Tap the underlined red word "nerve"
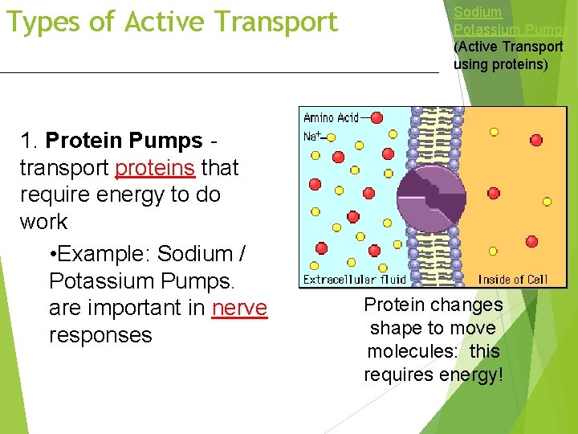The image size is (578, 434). click(239, 308)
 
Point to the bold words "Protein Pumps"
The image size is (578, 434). click(124, 141)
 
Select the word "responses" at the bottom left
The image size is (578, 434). click(100, 335)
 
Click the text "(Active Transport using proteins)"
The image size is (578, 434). click(508, 55)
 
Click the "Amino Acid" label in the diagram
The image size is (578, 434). click(330, 117)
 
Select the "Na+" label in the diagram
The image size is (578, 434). click(311, 137)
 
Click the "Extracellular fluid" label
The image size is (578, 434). click(354, 280)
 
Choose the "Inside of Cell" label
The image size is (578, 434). click(513, 280)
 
